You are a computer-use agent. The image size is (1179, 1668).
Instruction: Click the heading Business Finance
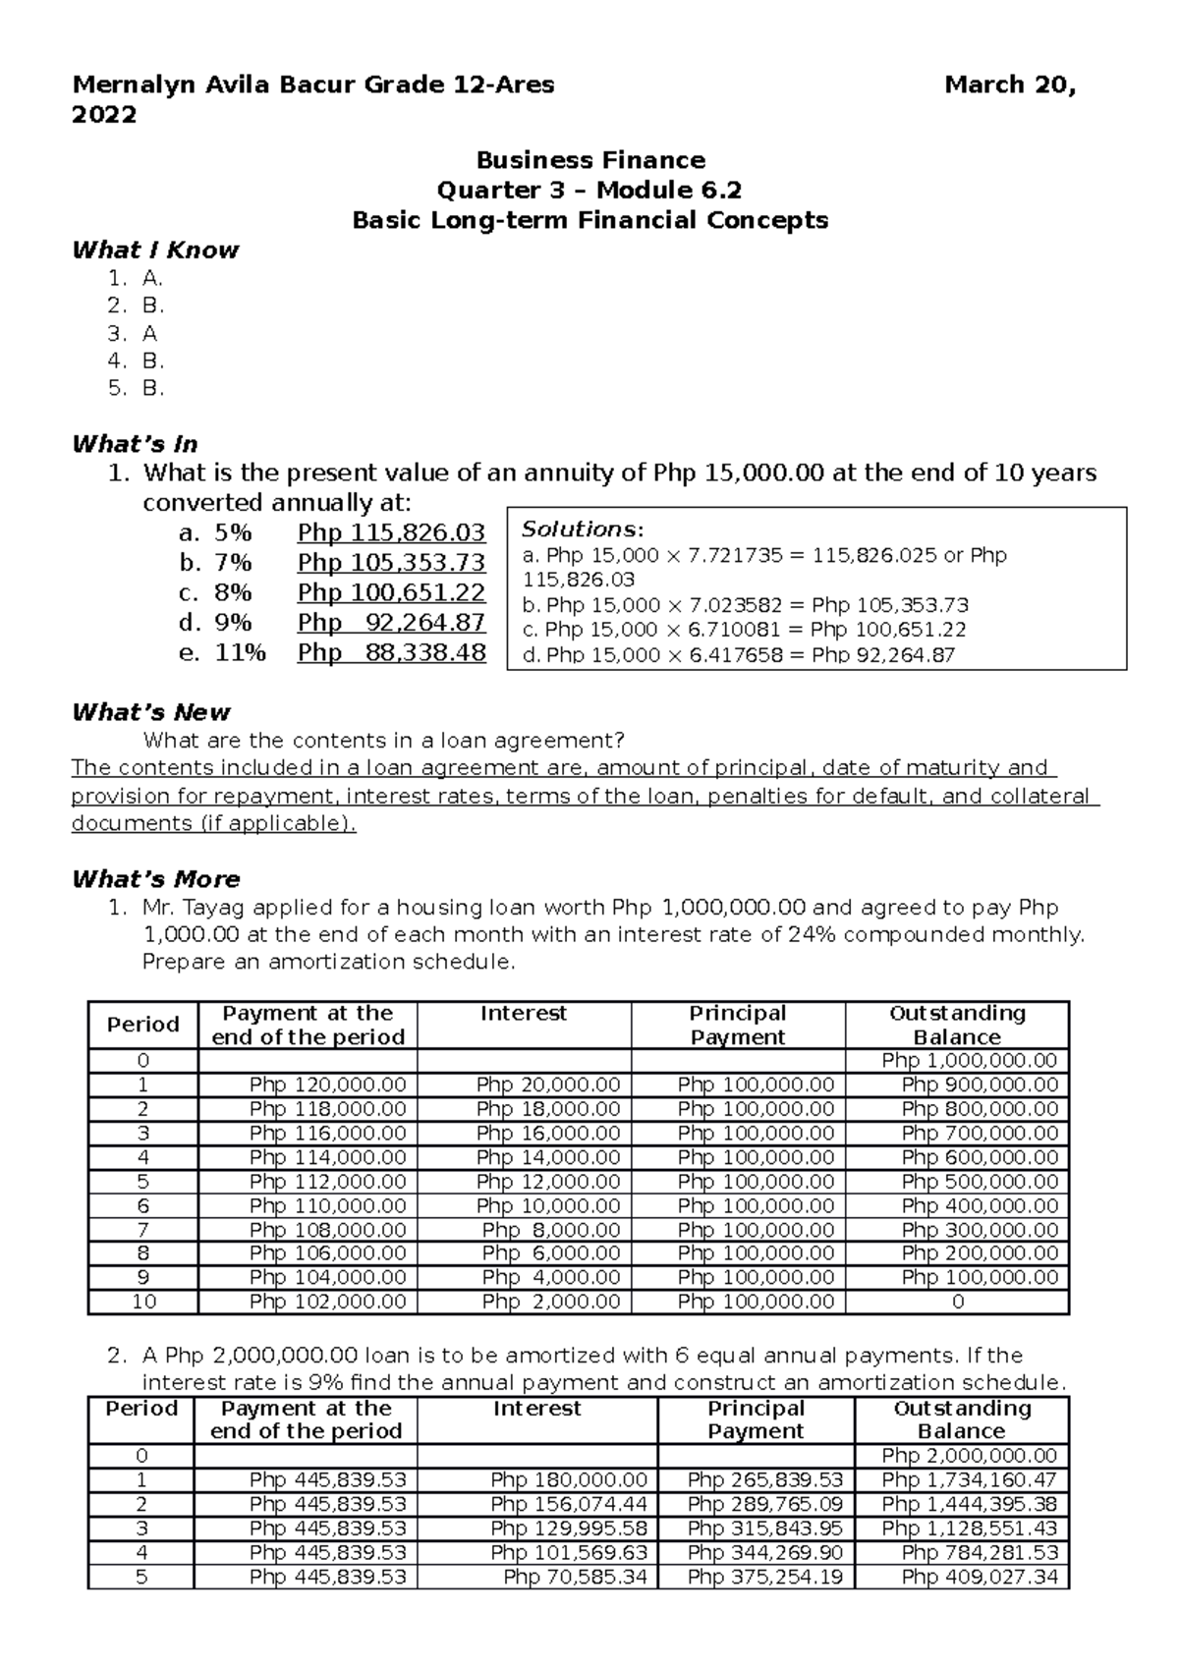pos(590,160)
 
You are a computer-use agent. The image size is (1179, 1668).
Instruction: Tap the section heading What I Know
pos(155,250)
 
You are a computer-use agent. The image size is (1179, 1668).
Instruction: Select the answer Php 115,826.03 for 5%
pos(391,533)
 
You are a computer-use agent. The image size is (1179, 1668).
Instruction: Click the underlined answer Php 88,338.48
pos(391,653)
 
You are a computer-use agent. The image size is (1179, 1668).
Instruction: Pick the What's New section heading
pos(151,712)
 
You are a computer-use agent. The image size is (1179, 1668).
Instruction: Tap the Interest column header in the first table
pos(523,1014)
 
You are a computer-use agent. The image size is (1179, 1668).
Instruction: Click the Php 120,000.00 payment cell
pos(327,1085)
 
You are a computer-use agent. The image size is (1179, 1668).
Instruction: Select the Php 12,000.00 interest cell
pos(548,1182)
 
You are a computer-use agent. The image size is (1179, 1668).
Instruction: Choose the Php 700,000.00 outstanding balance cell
pos(980,1134)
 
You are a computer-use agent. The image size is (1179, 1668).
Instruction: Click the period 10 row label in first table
pos(143,1302)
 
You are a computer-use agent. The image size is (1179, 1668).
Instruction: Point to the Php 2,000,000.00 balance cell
pos(969,1456)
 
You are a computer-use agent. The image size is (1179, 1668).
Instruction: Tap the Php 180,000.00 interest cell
pos(569,1480)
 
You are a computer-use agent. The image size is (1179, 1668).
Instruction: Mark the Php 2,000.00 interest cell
pos(550,1302)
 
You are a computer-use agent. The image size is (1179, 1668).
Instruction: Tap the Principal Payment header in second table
pos(756,1419)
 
